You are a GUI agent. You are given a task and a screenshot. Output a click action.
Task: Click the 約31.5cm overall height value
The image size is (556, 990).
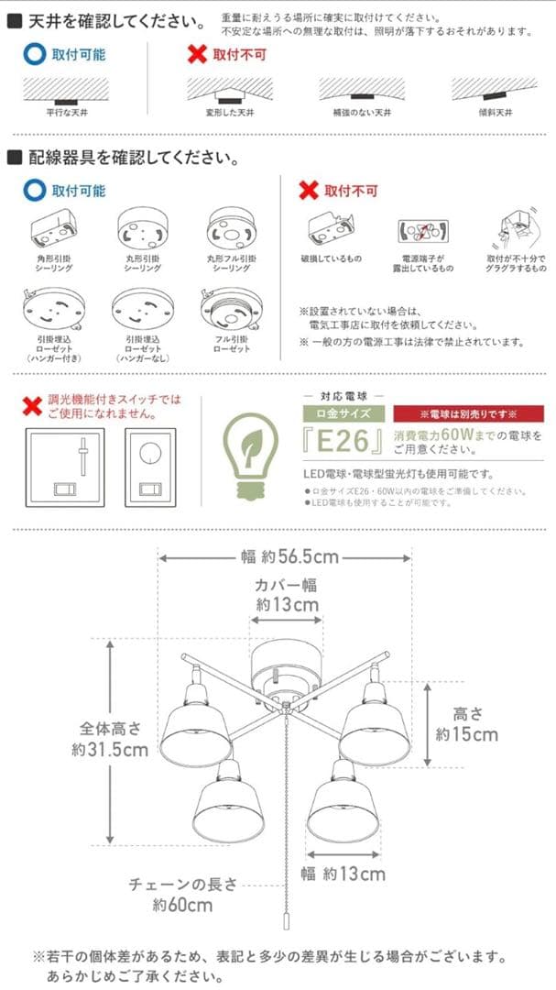point(110,749)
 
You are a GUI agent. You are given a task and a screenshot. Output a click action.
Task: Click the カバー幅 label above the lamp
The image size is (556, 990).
point(287,585)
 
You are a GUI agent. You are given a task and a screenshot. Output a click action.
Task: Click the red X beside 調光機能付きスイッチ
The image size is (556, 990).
point(34,405)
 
